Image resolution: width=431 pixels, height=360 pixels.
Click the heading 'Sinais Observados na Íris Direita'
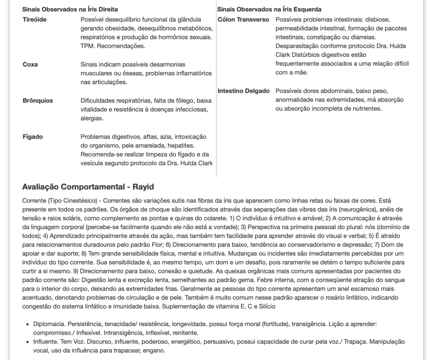(x=70, y=9)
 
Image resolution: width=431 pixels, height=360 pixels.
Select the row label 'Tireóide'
(x=35, y=19)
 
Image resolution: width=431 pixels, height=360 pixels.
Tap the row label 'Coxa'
(x=30, y=64)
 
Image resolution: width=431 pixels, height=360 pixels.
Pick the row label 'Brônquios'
(x=38, y=101)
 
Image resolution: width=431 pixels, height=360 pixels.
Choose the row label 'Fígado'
(x=32, y=137)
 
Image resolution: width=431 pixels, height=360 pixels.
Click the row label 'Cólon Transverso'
(x=244, y=19)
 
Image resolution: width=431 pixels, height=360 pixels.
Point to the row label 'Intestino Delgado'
(x=244, y=91)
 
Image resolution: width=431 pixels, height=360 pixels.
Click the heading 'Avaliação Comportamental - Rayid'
(x=88, y=187)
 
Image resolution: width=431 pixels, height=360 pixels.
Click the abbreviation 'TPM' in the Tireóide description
(x=88, y=46)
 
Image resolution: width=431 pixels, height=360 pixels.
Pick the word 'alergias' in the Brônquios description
(x=92, y=119)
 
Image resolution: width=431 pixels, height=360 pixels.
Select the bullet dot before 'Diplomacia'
(x=28, y=324)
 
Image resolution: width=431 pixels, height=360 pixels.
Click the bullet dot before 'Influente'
(x=28, y=342)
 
